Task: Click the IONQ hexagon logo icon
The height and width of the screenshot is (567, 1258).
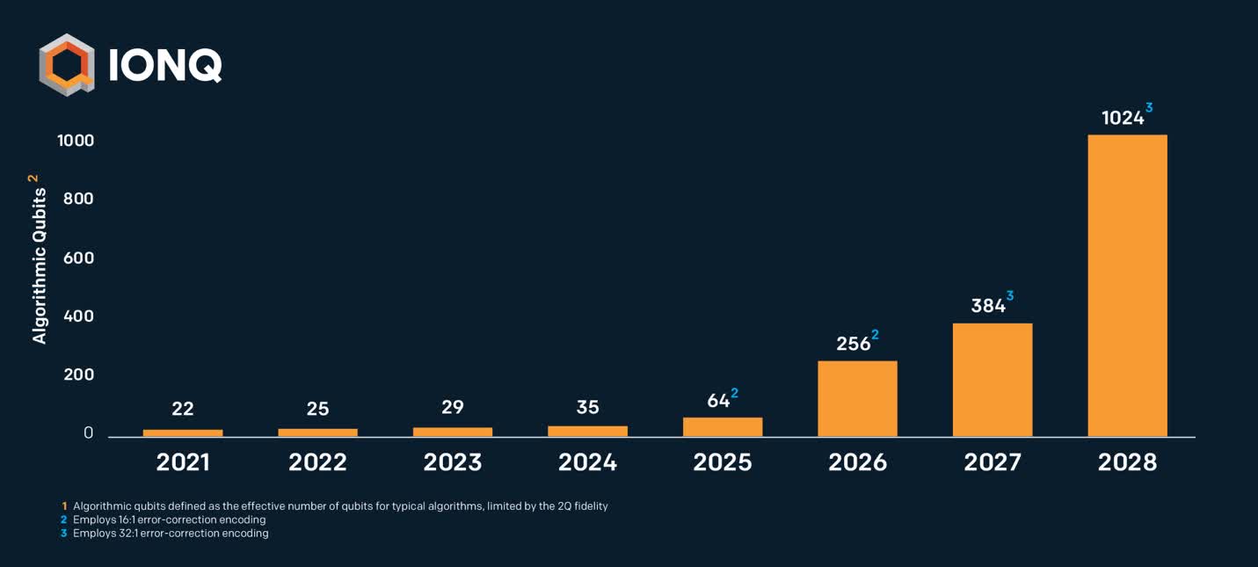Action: [x=66, y=64]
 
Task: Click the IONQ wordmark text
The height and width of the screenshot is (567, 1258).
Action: [x=165, y=65]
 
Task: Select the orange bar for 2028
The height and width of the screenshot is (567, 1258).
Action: [x=1127, y=285]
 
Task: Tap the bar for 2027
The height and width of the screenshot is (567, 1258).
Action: [x=993, y=380]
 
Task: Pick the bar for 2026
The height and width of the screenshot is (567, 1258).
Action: [x=857, y=398]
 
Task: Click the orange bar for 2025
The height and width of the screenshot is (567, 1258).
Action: [x=723, y=426]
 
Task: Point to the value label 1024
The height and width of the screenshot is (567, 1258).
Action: [x=1123, y=118]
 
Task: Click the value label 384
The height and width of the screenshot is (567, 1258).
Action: [x=988, y=306]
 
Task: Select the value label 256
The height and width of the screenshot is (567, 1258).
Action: [x=853, y=344]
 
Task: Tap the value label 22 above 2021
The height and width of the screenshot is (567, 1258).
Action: [x=183, y=409]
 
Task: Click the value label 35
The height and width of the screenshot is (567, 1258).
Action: [x=587, y=407]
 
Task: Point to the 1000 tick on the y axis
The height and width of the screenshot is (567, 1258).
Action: [x=76, y=141]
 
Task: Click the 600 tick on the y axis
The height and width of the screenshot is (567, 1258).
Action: [x=78, y=258]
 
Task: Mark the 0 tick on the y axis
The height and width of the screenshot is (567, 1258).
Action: [x=88, y=433]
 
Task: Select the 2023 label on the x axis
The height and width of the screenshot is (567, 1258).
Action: [x=453, y=462]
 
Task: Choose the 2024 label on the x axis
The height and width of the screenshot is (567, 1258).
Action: [x=587, y=462]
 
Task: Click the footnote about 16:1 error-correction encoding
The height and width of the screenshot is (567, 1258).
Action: [x=169, y=520]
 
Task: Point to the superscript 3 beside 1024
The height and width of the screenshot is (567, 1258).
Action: [x=1148, y=108]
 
